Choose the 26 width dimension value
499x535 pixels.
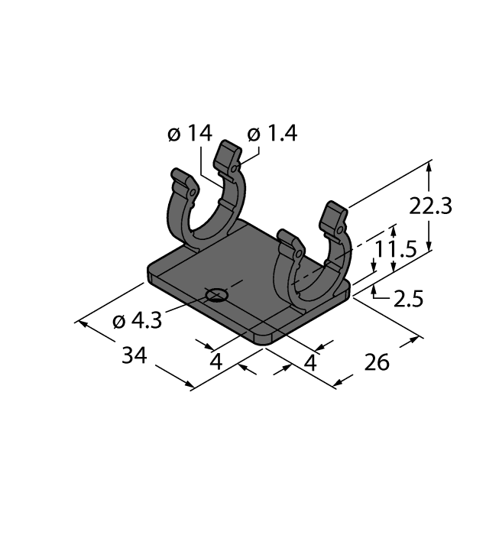point(376,362)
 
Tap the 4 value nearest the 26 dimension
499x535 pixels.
point(309,362)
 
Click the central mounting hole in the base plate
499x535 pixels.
point(217,293)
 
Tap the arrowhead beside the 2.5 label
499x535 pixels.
point(374,291)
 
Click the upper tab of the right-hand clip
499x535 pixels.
point(334,215)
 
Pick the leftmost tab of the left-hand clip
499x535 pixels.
point(179,180)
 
